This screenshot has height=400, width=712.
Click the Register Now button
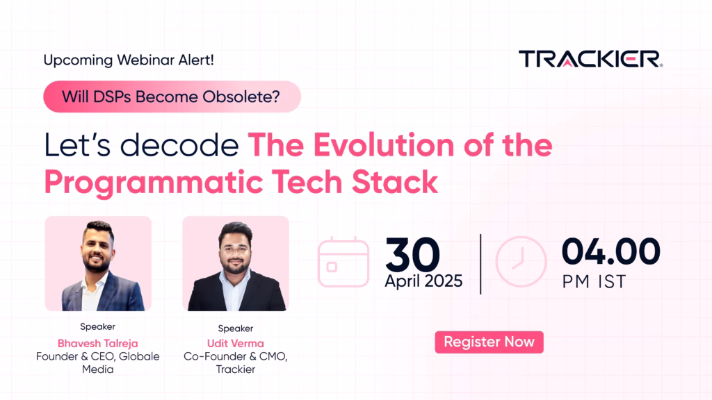tap(489, 342)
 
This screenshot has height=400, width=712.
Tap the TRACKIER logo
tap(591, 59)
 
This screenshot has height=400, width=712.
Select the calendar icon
tap(343, 262)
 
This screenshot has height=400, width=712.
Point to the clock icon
tap(521, 262)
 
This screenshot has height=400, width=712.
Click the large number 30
tap(413, 254)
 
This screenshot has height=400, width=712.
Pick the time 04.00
tap(610, 251)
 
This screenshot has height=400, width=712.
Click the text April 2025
tap(423, 281)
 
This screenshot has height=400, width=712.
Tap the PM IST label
tap(594, 282)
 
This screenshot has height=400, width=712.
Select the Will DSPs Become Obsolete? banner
tap(172, 97)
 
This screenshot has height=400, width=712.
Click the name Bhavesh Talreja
tap(97, 343)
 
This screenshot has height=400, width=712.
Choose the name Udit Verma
tap(235, 343)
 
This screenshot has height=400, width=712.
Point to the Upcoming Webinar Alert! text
tap(129, 60)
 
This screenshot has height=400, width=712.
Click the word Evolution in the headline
tap(384, 145)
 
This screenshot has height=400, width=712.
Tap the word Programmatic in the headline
tap(154, 183)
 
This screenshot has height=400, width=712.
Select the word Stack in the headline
tap(395, 182)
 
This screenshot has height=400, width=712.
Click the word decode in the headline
tap(179, 145)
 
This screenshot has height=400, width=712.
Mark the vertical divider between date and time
tap(480, 264)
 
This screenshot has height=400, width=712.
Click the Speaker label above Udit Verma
tap(235, 328)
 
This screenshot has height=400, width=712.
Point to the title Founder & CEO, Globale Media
tap(97, 362)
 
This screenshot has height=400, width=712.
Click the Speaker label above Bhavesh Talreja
tap(97, 326)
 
